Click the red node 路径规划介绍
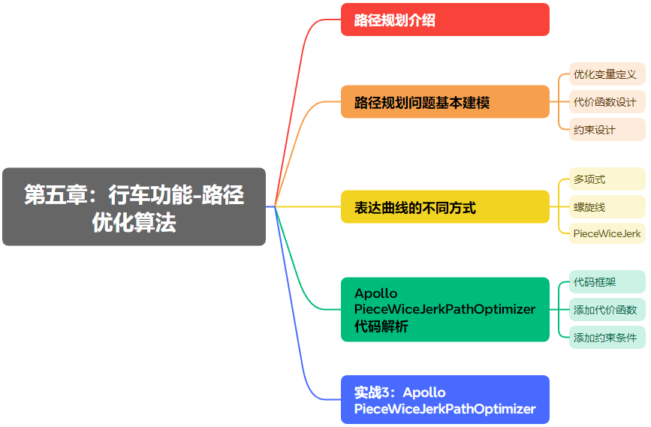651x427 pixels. point(445,20)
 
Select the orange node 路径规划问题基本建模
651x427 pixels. point(445,102)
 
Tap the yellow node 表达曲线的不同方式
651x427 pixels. point(445,207)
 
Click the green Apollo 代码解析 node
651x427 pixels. point(445,310)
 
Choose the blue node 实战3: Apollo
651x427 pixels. point(445,400)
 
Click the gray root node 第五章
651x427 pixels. point(134,207)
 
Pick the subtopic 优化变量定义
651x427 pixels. point(605,74)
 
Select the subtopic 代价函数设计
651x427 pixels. point(605,102)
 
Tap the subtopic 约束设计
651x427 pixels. point(595,130)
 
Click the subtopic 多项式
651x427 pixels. point(589,179)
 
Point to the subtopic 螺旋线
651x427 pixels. point(589,207)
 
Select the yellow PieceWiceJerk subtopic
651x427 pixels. point(607,233)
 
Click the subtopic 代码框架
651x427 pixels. point(595,282)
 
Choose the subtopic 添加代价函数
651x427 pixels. point(605,310)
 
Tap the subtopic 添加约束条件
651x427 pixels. point(605,338)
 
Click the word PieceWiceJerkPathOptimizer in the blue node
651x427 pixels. point(445,409)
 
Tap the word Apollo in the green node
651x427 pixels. point(376,293)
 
